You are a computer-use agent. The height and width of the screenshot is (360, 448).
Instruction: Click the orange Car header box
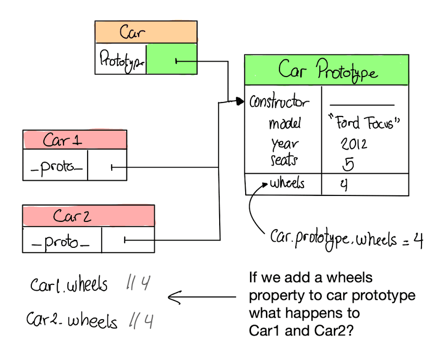point(145,33)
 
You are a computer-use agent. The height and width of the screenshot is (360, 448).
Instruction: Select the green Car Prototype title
point(327,71)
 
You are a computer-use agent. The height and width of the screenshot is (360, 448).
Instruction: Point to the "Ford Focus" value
point(364,123)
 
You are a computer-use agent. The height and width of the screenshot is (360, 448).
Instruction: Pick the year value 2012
point(354,144)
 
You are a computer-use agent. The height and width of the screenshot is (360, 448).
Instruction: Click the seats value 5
point(348,164)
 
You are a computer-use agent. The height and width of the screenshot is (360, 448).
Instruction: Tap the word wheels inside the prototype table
point(287,183)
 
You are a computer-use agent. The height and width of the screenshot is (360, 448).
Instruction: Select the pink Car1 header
point(75,140)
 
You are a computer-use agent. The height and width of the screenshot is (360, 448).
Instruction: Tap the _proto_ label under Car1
point(56,167)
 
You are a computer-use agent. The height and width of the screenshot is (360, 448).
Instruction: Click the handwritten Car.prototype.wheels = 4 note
point(346,238)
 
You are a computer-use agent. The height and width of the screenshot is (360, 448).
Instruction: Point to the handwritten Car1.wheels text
point(69,285)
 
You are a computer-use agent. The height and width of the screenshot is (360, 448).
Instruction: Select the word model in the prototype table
point(284,124)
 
